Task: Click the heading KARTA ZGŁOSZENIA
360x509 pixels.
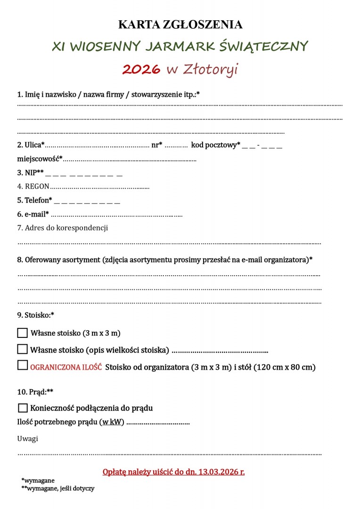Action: pos(180,25)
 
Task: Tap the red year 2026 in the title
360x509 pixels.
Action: pos(141,70)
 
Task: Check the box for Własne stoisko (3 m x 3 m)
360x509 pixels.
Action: pos(22,333)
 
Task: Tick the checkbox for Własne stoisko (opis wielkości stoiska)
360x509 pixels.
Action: pos(22,350)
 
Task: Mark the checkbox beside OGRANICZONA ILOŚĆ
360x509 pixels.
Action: pos(22,366)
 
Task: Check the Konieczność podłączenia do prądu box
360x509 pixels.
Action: pos(22,408)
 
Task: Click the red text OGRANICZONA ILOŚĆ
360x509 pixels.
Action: pos(66,367)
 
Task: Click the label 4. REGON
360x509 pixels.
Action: pos(33,187)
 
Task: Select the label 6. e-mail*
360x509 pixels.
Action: pos(33,214)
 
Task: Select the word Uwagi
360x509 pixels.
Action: pos(28,439)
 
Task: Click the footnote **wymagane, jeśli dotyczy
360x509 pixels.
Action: pos(57,489)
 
